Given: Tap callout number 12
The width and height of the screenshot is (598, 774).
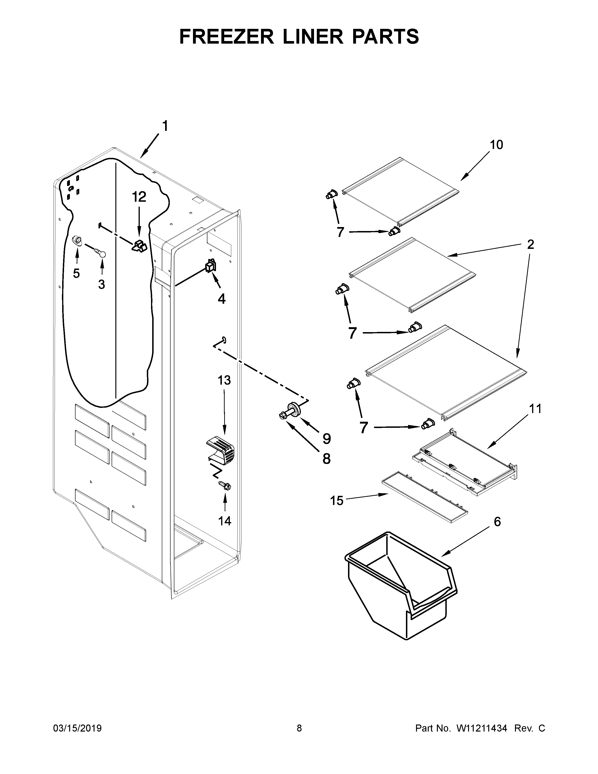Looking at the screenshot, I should [x=139, y=197].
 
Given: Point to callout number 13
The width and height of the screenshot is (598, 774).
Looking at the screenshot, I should [x=224, y=380].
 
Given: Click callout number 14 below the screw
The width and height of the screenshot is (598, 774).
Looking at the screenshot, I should [x=225, y=521].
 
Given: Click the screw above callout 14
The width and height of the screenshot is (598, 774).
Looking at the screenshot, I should [x=225, y=486].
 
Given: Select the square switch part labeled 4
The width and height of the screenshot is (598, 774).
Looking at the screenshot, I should [x=210, y=266].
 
